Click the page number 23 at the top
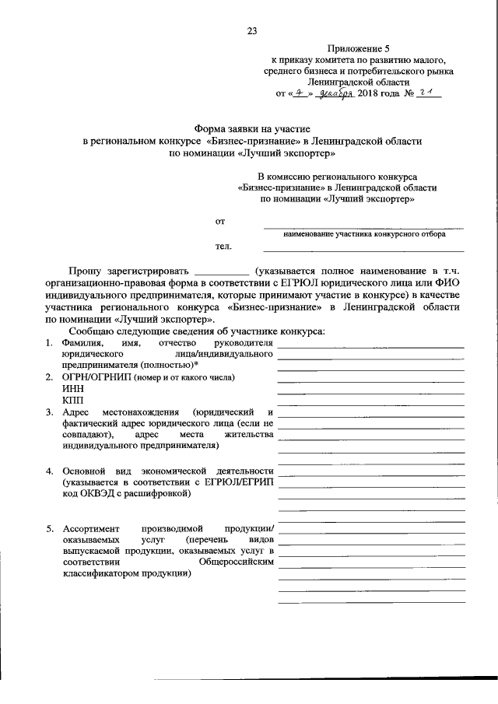click(251, 31)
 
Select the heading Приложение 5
click(359, 47)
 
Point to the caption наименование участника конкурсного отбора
click(363, 233)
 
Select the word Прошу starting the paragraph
click(85, 271)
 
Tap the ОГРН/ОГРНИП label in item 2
click(96, 377)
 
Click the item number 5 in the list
click(48, 527)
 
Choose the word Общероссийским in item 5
click(237, 562)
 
